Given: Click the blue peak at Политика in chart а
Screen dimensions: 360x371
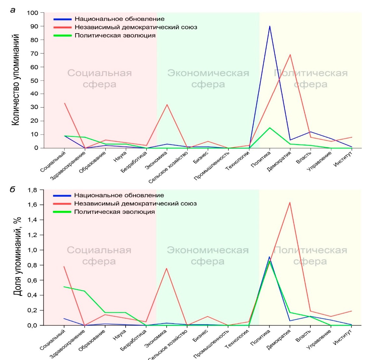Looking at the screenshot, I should (269, 26).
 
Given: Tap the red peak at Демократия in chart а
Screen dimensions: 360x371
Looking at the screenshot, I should (290, 55).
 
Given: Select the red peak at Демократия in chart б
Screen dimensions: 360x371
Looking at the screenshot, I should (290, 202).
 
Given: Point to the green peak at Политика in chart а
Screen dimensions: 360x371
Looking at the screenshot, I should (269, 128).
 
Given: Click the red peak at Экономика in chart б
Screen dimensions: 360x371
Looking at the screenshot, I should (167, 268).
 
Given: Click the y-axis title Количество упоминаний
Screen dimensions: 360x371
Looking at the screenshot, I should (16, 80).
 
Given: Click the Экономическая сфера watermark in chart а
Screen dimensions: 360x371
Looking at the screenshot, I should (208, 79).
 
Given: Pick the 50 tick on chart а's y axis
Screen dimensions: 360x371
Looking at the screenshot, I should (35, 80).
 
